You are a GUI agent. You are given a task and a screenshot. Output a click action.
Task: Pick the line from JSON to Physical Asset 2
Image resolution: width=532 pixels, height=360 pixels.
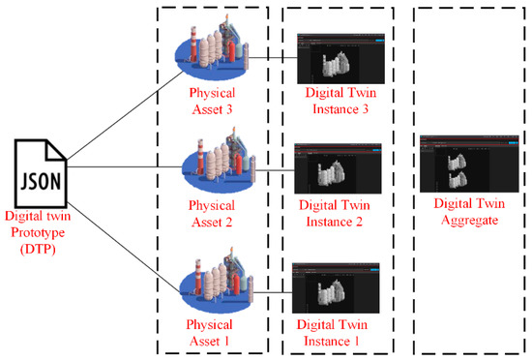click(x=116, y=166)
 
